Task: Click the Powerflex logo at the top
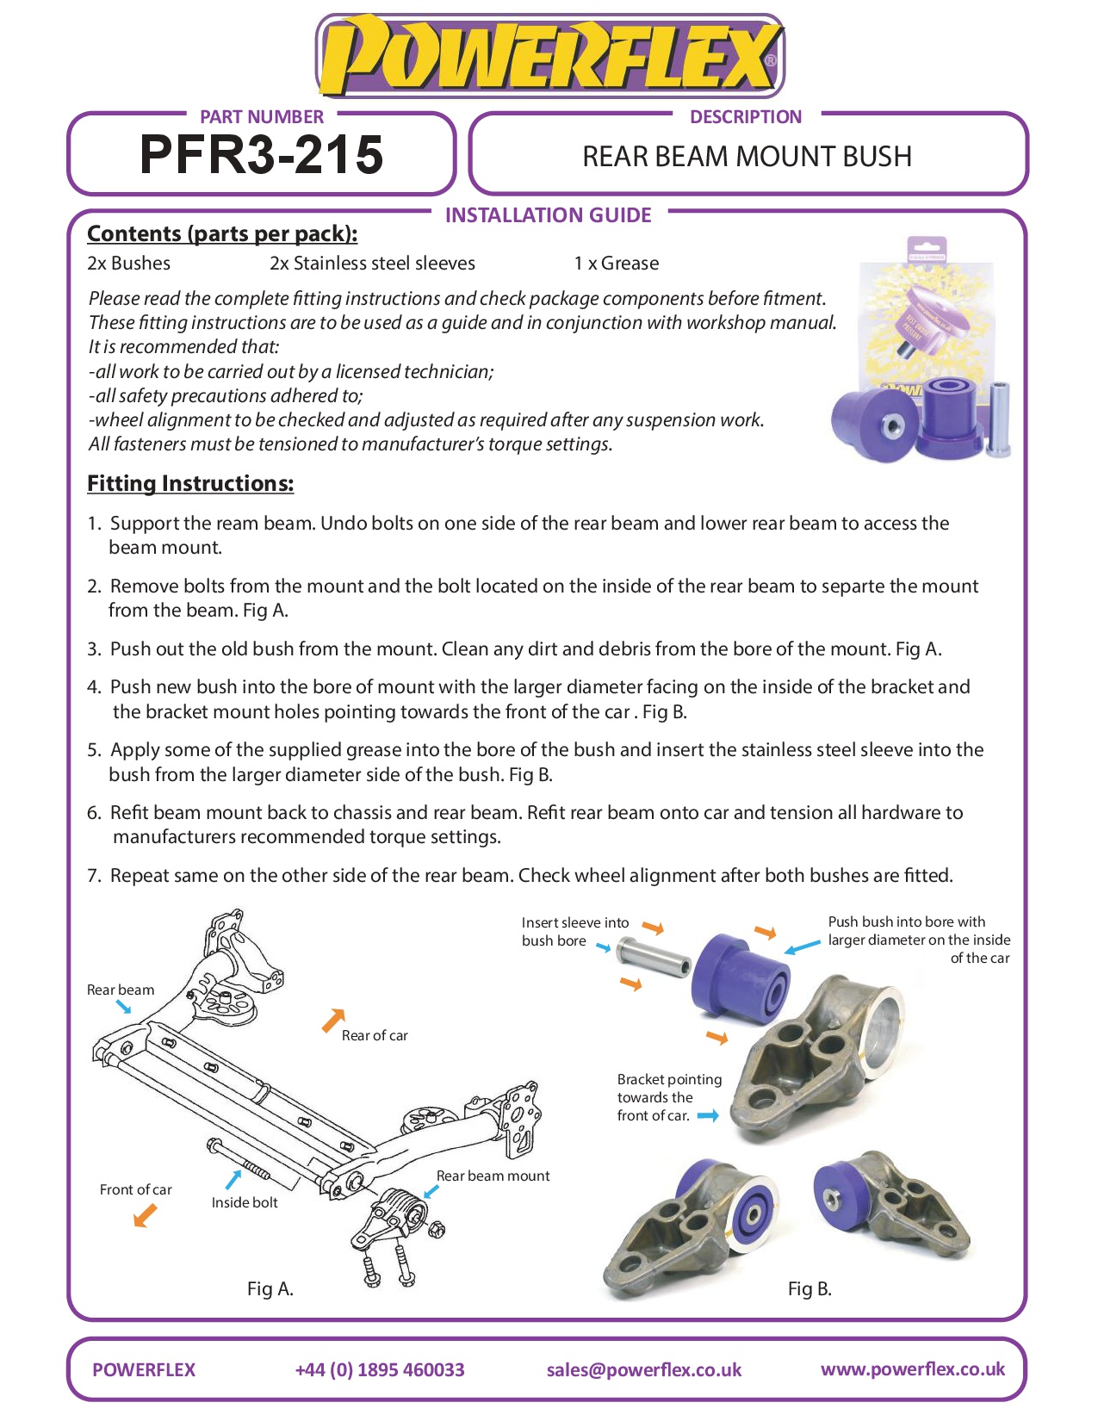[x=550, y=57]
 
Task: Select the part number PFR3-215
[x=261, y=155]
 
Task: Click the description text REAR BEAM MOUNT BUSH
[x=747, y=157]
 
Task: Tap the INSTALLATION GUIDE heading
[x=548, y=215]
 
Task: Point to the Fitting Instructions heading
[x=190, y=484]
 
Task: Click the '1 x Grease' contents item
[x=617, y=264]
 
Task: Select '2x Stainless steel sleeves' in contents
[x=372, y=264]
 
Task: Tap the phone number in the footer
[x=379, y=1369]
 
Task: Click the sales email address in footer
[x=643, y=1369]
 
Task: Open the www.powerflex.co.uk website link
[x=912, y=1369]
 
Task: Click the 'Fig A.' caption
[x=270, y=1288]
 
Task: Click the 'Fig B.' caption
[x=810, y=1288]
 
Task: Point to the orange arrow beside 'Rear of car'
[x=332, y=1021]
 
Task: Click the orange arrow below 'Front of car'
[x=145, y=1216]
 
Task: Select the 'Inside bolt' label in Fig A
[x=245, y=1202]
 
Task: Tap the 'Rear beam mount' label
[x=493, y=1176]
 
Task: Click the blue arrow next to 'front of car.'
[x=708, y=1115]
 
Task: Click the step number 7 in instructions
[x=94, y=876]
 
